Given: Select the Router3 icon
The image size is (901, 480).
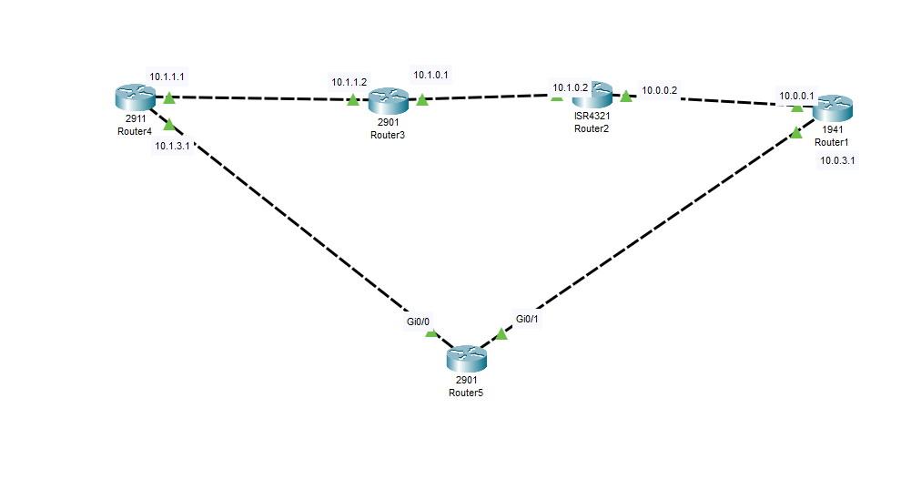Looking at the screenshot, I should coord(388,100).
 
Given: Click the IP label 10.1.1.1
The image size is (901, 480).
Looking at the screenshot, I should coord(167,77).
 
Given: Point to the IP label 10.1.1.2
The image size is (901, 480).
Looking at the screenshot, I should coord(349,82).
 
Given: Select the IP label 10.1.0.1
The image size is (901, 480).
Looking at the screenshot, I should coord(430,75).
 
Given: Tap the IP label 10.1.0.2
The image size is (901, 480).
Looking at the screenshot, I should coord(570,88).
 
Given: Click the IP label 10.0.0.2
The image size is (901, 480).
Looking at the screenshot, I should coord(659,90).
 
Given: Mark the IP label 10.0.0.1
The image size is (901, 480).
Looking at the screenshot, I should coord(796,95).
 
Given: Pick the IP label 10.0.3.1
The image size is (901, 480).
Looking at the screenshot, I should coord(838,161).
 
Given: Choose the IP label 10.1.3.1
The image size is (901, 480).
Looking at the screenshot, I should coord(173,146).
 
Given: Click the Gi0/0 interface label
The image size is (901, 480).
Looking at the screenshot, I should coord(419,322).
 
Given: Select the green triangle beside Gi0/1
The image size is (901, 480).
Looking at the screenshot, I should coord(501,333).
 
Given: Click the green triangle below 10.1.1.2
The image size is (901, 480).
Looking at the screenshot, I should coord(352,99).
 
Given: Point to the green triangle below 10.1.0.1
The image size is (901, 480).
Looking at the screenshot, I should coord(421,98).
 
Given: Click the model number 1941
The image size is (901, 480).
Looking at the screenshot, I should coord(832,130).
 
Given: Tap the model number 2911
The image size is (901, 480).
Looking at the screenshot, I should coord(135,119).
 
